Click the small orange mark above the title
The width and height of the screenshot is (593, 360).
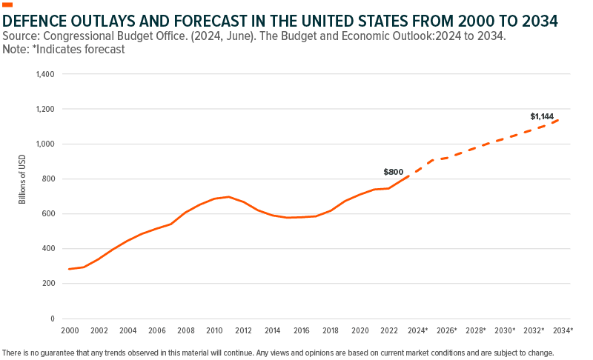[7, 5]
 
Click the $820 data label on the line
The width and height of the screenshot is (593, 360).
[393, 172]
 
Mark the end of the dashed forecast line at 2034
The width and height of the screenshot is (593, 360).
[558, 120]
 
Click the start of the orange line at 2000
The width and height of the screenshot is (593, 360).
[69, 270]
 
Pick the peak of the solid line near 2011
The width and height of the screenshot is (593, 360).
[228, 196]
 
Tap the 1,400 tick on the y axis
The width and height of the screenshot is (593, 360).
[45, 74]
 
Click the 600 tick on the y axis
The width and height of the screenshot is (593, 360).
[48, 213]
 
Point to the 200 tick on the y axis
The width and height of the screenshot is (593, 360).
[48, 283]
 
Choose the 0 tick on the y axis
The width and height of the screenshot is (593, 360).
[52, 319]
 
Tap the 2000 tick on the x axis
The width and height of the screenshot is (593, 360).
[69, 330]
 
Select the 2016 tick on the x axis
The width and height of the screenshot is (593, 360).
[301, 330]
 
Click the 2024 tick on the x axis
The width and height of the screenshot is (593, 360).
[417, 330]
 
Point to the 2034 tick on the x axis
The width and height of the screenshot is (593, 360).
[562, 330]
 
